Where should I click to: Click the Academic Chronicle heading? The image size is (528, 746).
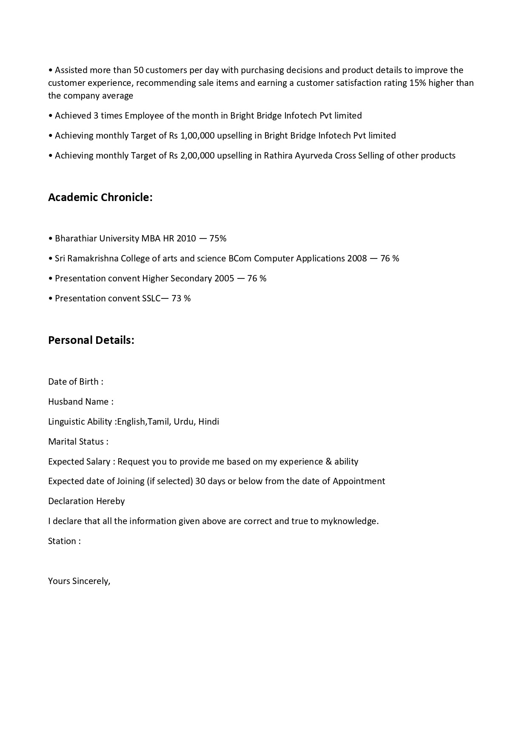100,197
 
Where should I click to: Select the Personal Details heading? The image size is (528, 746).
91,340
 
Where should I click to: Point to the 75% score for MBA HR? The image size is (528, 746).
218,238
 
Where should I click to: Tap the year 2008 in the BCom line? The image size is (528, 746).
357,258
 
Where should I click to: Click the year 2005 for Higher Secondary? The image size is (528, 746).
224,278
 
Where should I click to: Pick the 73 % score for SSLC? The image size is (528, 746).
181,298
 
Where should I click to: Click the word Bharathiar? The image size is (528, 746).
76,238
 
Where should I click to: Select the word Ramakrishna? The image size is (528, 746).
91,258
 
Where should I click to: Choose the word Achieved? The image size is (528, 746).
73,116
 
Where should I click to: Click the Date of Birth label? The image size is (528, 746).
75,382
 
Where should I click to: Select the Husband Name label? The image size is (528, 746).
80,402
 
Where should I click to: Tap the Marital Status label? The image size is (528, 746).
78,442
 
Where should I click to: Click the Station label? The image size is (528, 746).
64,541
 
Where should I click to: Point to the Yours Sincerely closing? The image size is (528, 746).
79,581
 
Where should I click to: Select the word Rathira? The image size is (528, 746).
278,156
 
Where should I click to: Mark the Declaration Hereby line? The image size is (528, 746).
86,501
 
